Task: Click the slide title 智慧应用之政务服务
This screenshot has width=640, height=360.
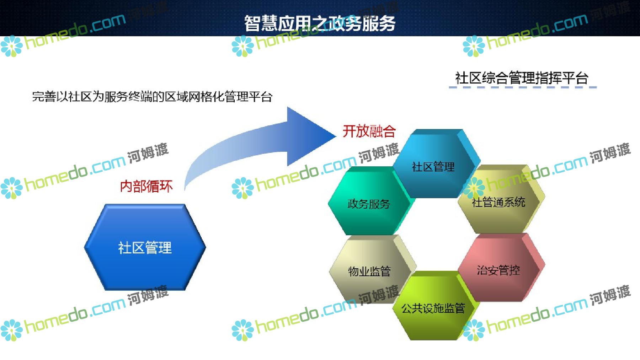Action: point(320,23)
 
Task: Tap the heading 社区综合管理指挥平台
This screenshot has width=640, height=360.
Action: point(522,78)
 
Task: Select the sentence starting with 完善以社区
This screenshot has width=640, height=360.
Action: point(152,97)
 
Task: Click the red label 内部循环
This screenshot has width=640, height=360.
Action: point(146,186)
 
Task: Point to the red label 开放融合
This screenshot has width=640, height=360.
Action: point(369,131)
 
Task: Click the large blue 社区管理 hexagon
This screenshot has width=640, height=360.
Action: point(145,247)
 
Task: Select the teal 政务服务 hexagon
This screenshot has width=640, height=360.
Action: point(370,203)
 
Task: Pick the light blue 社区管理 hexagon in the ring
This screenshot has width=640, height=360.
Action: point(436,164)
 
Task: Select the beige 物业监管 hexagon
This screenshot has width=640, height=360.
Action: point(372,270)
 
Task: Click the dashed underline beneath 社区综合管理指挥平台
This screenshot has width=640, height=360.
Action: point(523,87)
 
